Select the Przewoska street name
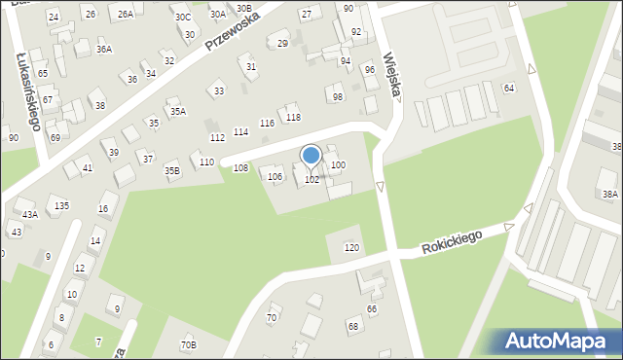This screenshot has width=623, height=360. pyautogui.click(x=233, y=33)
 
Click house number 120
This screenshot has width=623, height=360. pyautogui.click(x=351, y=248)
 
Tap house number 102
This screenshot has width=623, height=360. pyautogui.click(x=311, y=180)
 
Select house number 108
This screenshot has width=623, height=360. pyautogui.click(x=240, y=168)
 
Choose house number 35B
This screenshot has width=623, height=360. pyautogui.click(x=171, y=170)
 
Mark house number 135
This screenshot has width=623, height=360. pyautogui.click(x=61, y=205)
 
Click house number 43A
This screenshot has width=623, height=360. pyautogui.click(x=30, y=214)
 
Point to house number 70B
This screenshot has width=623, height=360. pyautogui.click(x=188, y=344)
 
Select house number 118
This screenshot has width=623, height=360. pyautogui.click(x=293, y=118)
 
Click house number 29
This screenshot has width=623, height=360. pyautogui.click(x=283, y=44)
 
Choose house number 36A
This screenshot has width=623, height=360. pyautogui.click(x=104, y=49)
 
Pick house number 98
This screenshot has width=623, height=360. pyautogui.click(x=338, y=96)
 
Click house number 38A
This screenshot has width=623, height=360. pyautogui.click(x=609, y=195)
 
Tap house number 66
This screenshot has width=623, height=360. pyautogui.click(x=371, y=308)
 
